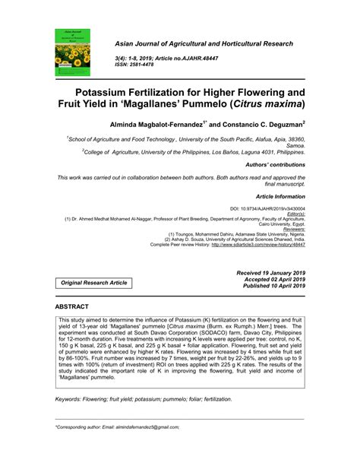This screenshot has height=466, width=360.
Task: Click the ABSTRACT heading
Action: [71, 306]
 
